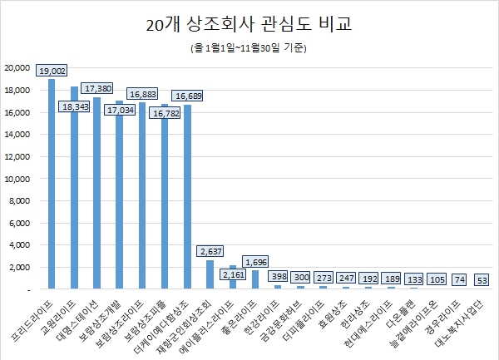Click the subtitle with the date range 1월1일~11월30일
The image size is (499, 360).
coord(249,49)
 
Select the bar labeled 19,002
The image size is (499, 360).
coord(52,184)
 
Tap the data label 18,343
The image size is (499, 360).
coord(74,106)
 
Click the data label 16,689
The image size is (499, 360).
coord(187,96)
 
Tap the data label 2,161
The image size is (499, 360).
coord(233,274)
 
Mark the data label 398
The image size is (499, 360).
coord(278,275)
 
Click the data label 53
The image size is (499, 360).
coord(482,280)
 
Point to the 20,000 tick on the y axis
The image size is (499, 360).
coord(17,67)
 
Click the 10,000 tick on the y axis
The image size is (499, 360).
coord(17,179)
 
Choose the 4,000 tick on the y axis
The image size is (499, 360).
coord(20,245)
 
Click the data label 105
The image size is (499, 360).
coord(437,280)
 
